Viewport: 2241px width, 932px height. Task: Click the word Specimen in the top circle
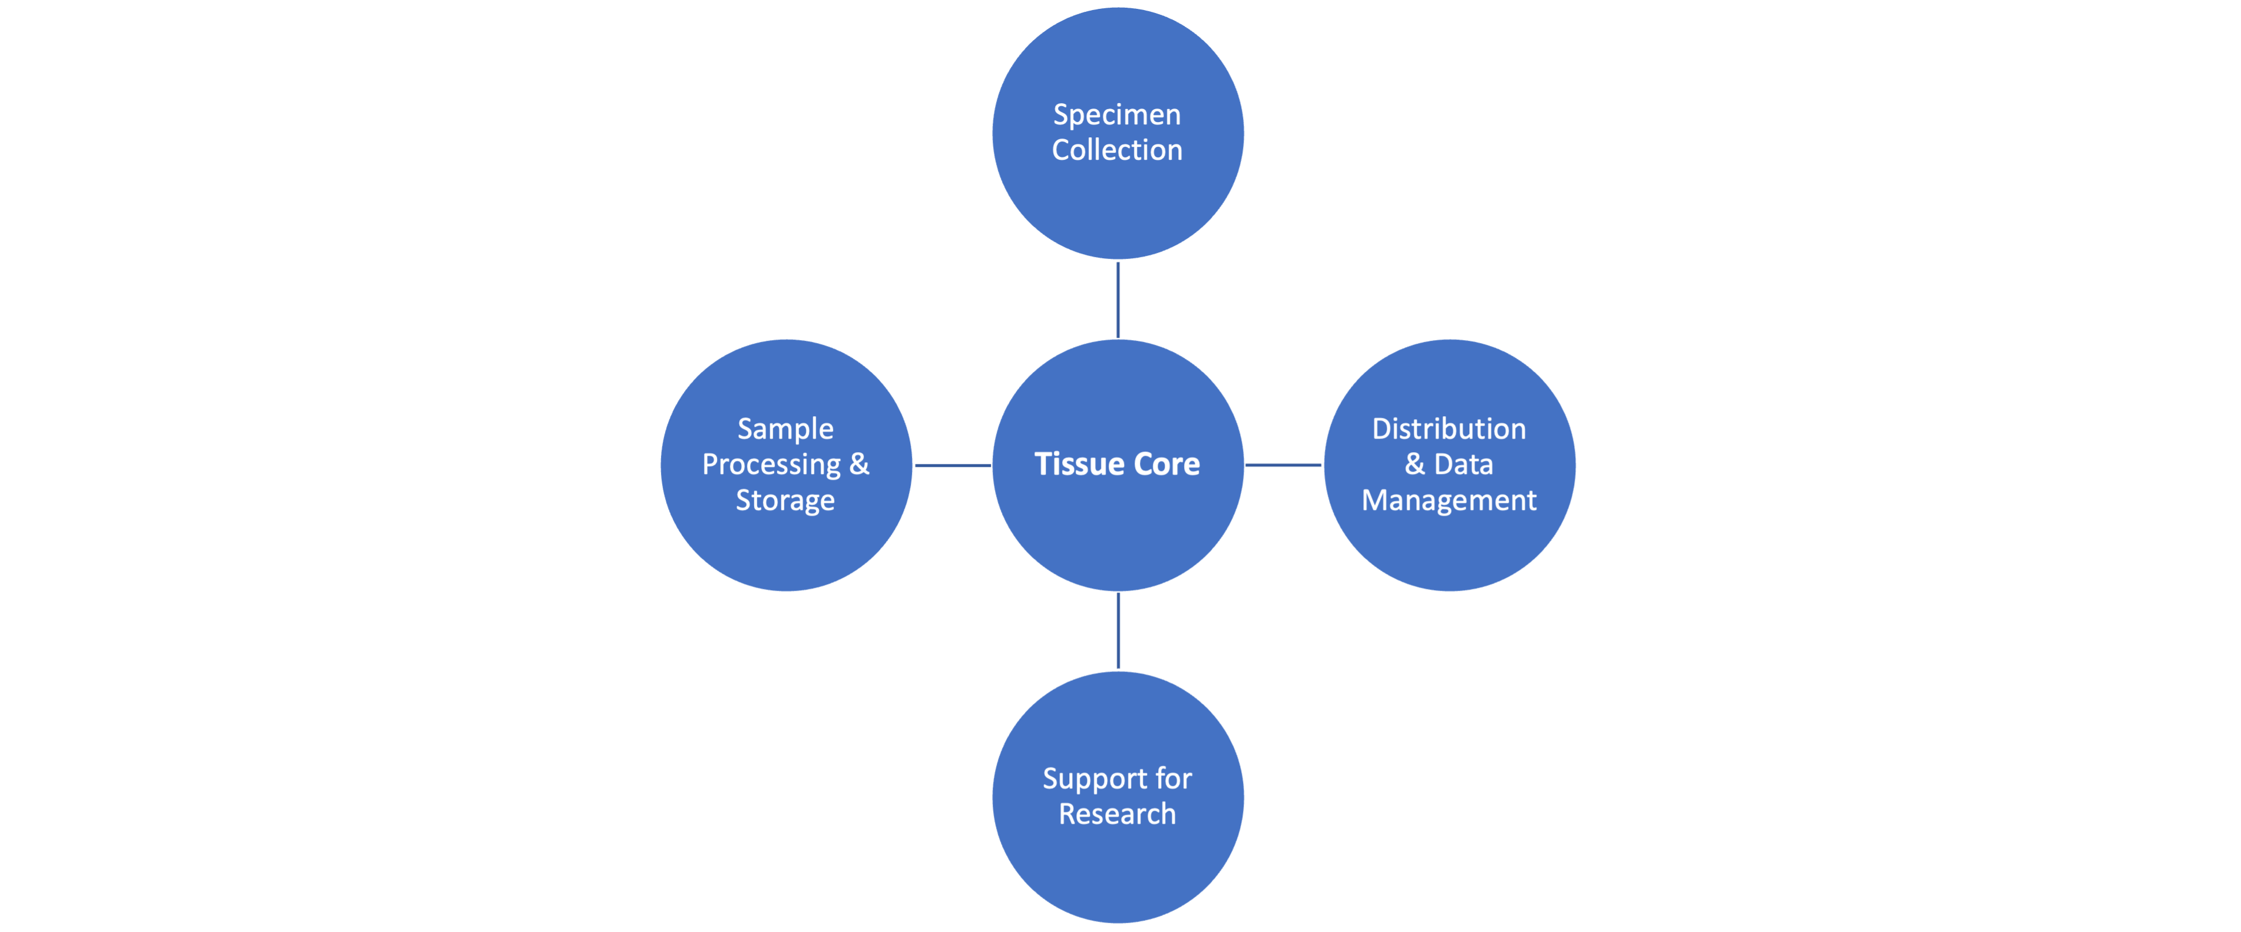pyautogui.click(x=1117, y=115)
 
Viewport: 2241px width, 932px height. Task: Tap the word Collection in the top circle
pyautogui.click(x=1117, y=150)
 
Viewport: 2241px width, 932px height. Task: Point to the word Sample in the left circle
pyautogui.click(x=785, y=429)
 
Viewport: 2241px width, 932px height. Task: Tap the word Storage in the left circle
pyautogui.click(x=785, y=500)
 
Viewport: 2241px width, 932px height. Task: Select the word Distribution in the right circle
pyautogui.click(x=1449, y=429)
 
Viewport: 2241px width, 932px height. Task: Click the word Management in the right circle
pyautogui.click(x=1449, y=500)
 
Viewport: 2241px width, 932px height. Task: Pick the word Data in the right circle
pyautogui.click(x=1463, y=465)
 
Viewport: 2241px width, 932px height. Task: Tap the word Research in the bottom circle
pyautogui.click(x=1117, y=815)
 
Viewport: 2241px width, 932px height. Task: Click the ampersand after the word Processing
pyautogui.click(x=860, y=465)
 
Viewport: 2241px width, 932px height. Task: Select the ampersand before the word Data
pyautogui.click(x=1416, y=465)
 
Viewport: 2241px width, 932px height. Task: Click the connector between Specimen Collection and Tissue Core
pyautogui.click(x=1118, y=299)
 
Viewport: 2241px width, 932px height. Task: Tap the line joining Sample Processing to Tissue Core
pyautogui.click(x=953, y=466)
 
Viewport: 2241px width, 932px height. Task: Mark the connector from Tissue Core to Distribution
pyautogui.click(x=1284, y=466)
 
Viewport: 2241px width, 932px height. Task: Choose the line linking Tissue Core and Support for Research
pyautogui.click(x=1118, y=631)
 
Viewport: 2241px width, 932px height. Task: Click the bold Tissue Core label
pyautogui.click(x=1117, y=465)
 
